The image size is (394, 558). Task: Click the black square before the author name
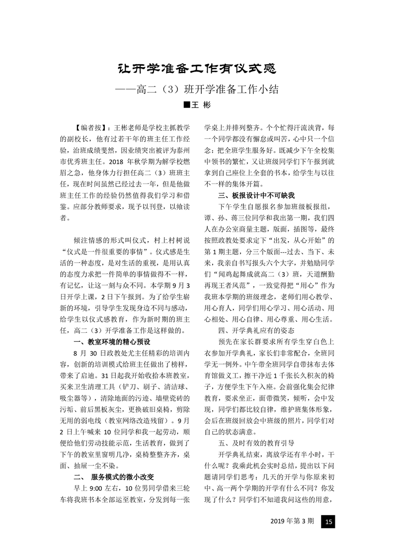coord(186,105)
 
